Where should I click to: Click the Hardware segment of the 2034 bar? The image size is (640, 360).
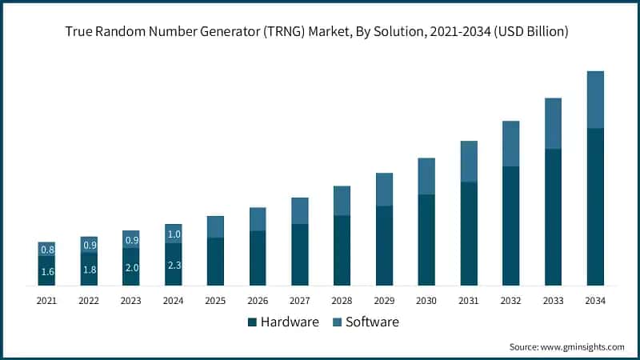[x=595, y=206]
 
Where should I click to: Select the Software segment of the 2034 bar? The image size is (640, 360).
[x=595, y=99]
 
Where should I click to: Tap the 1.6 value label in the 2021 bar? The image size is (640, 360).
[x=47, y=271]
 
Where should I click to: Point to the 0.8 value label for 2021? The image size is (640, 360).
[x=47, y=250]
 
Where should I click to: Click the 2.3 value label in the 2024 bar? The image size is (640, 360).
[x=174, y=265]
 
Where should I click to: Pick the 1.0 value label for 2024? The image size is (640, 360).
[x=174, y=234]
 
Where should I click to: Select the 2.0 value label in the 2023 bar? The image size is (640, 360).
[x=131, y=267]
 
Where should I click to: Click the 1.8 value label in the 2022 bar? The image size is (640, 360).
[x=90, y=270]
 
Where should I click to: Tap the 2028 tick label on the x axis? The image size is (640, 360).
[x=342, y=301]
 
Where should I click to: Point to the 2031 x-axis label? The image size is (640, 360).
[x=469, y=301]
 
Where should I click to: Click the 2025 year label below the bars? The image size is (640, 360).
[x=215, y=301]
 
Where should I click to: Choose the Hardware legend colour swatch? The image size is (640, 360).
[x=253, y=322]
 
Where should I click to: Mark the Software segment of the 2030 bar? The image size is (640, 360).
[x=426, y=176]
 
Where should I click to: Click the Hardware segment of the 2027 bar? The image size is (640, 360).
[x=300, y=254]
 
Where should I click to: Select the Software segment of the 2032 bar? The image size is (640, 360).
[x=511, y=144]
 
